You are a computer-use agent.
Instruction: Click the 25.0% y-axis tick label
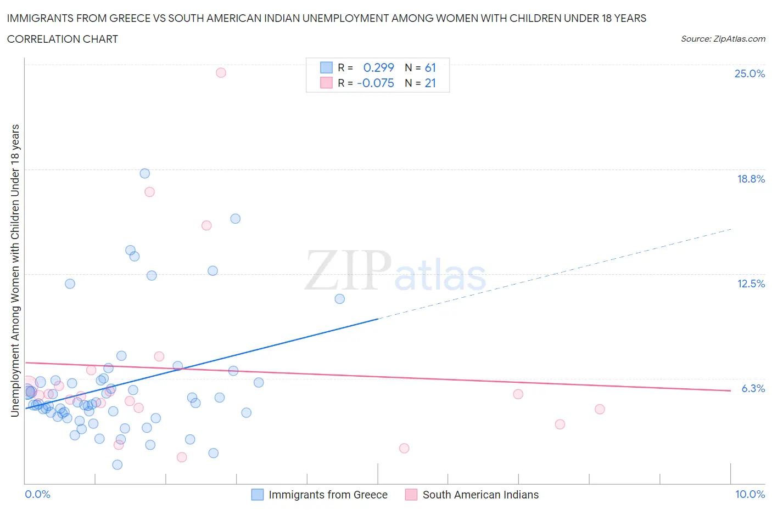point(749,73)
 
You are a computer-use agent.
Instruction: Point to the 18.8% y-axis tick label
point(751,179)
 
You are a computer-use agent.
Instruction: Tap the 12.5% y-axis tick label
point(751,284)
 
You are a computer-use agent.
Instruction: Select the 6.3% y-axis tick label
point(753,388)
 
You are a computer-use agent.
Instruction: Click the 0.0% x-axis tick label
point(37,494)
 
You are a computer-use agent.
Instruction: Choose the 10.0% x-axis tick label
point(749,494)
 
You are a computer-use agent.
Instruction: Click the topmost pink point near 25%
point(221,72)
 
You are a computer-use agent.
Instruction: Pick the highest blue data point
point(145,173)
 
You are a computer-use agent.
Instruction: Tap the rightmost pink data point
point(600,409)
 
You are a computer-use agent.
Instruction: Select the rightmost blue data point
point(339,299)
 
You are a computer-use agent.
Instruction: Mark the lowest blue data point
point(117,464)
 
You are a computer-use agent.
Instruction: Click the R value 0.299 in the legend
point(378,67)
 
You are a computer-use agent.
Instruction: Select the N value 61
point(430,67)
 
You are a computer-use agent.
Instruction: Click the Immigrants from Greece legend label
point(328,495)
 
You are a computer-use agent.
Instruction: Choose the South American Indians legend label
point(480,495)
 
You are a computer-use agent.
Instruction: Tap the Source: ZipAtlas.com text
point(723,38)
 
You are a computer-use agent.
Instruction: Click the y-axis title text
point(15,270)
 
